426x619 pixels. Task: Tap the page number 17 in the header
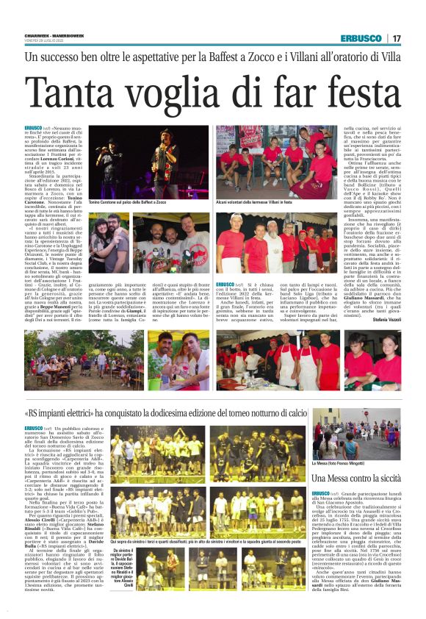coord(397,38)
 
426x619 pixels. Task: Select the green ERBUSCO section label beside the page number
coord(365,38)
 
